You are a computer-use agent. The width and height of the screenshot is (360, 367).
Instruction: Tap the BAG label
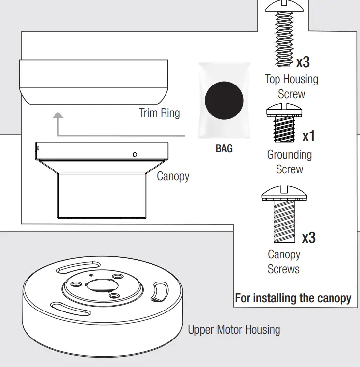tap(224, 148)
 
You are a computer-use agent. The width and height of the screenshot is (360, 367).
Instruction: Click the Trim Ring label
tap(160, 113)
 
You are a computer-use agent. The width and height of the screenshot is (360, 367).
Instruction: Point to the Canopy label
tap(173, 176)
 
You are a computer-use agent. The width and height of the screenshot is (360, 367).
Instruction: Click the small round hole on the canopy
tap(135, 155)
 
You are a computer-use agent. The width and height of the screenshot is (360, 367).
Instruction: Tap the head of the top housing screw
tap(282, 6)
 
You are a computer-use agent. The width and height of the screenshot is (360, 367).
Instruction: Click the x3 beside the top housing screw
tap(303, 62)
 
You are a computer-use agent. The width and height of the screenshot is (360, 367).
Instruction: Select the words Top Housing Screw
tap(291, 86)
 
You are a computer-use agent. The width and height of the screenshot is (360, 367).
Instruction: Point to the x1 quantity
tap(308, 136)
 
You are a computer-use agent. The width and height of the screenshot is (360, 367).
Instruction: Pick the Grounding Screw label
tap(289, 162)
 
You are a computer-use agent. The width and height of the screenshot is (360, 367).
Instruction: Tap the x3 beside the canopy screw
tap(308, 238)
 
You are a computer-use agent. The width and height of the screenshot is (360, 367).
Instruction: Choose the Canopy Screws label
tap(283, 262)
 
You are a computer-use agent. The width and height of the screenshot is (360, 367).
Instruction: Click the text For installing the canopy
tap(293, 298)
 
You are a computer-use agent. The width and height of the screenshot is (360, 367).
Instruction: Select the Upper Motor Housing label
tap(234, 329)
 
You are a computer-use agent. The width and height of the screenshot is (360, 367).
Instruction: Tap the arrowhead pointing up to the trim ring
tap(58, 115)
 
